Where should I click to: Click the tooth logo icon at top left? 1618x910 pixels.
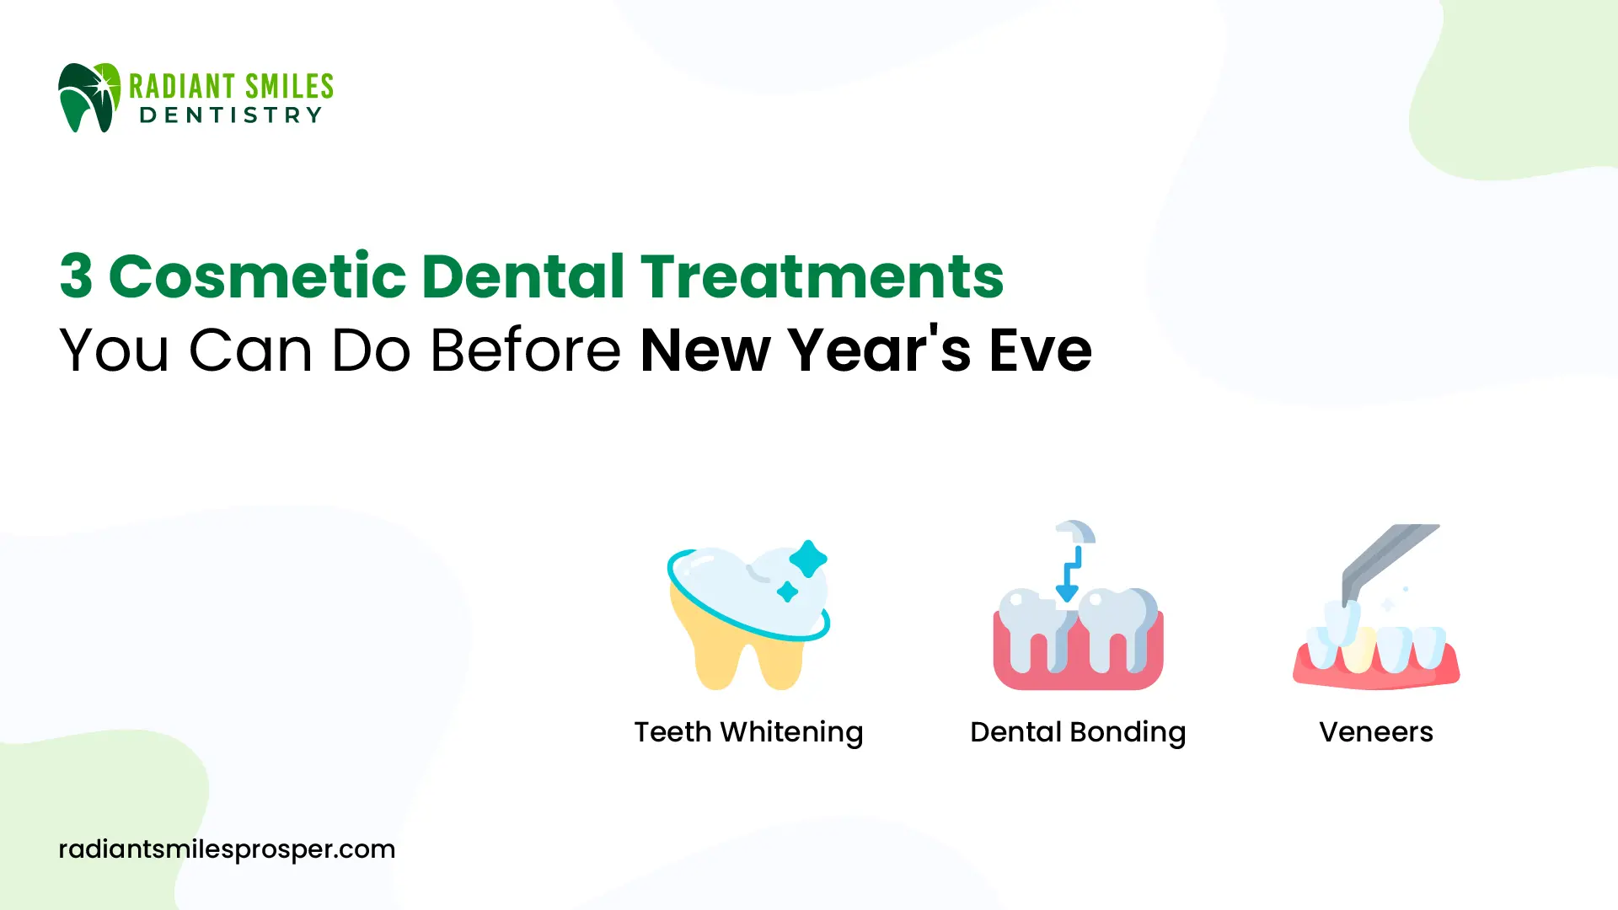click(89, 97)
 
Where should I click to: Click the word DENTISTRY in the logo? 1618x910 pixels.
click(231, 115)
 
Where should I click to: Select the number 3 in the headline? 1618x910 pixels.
click(76, 276)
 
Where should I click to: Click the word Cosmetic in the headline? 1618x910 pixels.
click(258, 276)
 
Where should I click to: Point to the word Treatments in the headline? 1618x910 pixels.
click(822, 276)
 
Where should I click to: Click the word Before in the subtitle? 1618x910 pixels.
click(526, 349)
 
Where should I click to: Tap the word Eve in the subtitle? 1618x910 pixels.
click(1041, 349)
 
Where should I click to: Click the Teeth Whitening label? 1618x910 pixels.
click(748, 732)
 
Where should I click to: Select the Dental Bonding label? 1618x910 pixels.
click(1078, 732)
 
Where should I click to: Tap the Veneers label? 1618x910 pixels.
click(1376, 732)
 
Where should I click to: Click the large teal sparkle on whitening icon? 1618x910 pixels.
click(808, 559)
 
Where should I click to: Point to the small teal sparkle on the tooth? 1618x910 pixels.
click(787, 591)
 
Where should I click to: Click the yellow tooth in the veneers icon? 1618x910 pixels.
click(1358, 649)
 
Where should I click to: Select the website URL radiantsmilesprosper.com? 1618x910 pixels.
click(227, 849)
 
